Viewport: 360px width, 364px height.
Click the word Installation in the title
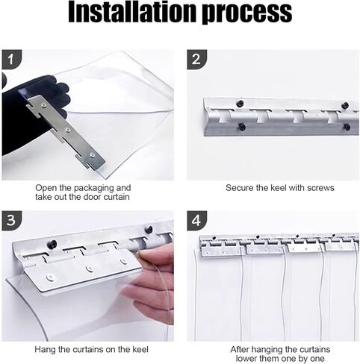[132, 11]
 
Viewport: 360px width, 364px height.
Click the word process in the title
[247, 13]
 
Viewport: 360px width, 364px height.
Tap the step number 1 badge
[11, 60]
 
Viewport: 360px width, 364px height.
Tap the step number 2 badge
[196, 60]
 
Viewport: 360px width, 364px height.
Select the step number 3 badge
[11, 221]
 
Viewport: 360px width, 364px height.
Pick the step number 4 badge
[196, 221]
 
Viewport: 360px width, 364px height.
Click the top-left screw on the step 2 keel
[240, 103]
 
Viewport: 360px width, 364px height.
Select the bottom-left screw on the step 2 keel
[241, 128]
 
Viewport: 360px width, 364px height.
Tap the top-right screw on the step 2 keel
[346, 105]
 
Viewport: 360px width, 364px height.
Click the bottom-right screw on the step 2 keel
[347, 128]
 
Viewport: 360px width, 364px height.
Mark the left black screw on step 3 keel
[53, 244]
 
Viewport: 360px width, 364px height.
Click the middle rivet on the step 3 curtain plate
[89, 269]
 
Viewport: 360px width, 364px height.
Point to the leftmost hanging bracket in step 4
[220, 249]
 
